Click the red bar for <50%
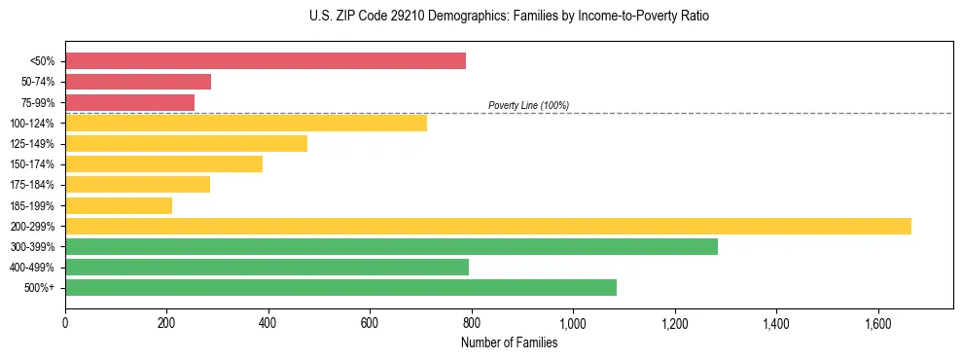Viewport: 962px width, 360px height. [266, 61]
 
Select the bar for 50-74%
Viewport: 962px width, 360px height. [138, 82]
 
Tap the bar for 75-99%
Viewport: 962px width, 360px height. [129, 102]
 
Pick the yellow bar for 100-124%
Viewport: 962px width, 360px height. [246, 123]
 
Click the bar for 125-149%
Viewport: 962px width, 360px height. [186, 144]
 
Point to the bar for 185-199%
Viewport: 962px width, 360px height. [119, 205]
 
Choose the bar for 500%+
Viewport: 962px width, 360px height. [340, 287]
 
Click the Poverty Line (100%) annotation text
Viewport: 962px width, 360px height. [528, 105]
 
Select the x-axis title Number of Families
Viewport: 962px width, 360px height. [509, 342]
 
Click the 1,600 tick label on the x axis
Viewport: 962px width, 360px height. [877, 322]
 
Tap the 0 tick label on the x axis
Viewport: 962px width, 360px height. [65, 322]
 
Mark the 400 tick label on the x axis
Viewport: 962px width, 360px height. [268, 322]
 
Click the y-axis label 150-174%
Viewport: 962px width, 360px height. [32, 164]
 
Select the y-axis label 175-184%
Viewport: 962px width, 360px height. [32, 185]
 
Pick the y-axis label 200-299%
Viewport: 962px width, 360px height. [32, 226]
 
